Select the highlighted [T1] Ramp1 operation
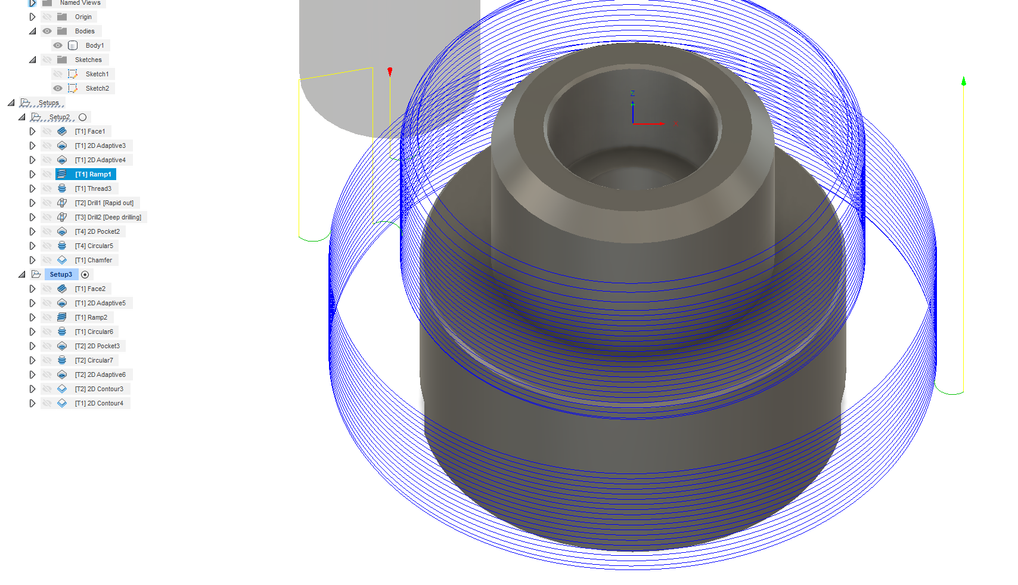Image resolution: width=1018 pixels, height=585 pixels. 92,174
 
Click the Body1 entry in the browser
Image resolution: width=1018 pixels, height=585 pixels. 94,45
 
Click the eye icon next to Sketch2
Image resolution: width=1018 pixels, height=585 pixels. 58,88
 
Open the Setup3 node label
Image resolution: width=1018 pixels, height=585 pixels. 61,274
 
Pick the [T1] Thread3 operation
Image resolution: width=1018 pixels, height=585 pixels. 93,188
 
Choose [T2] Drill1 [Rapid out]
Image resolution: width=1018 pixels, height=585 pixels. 104,203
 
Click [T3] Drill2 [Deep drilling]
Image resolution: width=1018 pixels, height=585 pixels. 107,217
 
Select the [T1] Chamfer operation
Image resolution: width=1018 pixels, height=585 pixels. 93,260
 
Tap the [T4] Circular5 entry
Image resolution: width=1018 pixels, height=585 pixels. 94,246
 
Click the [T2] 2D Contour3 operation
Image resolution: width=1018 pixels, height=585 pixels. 99,389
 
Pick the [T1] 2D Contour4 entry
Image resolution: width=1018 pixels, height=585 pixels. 99,403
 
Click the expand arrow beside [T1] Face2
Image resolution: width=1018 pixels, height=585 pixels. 32,289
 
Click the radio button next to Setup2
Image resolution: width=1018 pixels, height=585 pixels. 83,117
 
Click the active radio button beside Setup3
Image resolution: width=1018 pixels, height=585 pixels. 85,275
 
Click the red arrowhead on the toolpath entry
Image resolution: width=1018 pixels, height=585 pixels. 390,72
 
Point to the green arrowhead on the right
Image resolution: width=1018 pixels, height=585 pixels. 964,81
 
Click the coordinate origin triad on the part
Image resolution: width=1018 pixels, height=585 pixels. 633,123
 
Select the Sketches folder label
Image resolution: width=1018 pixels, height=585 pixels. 88,60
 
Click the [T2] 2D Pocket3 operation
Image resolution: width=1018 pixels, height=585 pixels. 97,346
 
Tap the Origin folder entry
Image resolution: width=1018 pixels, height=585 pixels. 83,17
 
